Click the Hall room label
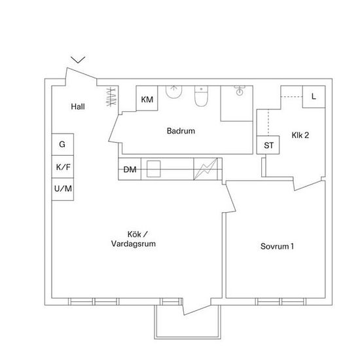pos(78,107)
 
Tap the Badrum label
pos(181,131)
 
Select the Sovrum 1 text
pos(277,246)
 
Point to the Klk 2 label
pos(300,135)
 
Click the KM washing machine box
pos(147,98)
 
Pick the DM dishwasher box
pos(130,170)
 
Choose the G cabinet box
pos(63,145)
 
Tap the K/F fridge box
pos(63,167)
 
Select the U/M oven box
pos(63,189)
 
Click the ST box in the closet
pos(268,145)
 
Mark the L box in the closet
pos(314,97)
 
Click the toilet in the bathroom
pos(201,96)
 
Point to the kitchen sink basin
pos(154,169)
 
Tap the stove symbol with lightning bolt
pos(206,169)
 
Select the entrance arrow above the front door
pos(78,60)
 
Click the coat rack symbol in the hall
pos(111,97)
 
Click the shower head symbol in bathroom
pos(240,90)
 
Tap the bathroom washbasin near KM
pos(174,92)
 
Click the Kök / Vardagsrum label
pos(134,239)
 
